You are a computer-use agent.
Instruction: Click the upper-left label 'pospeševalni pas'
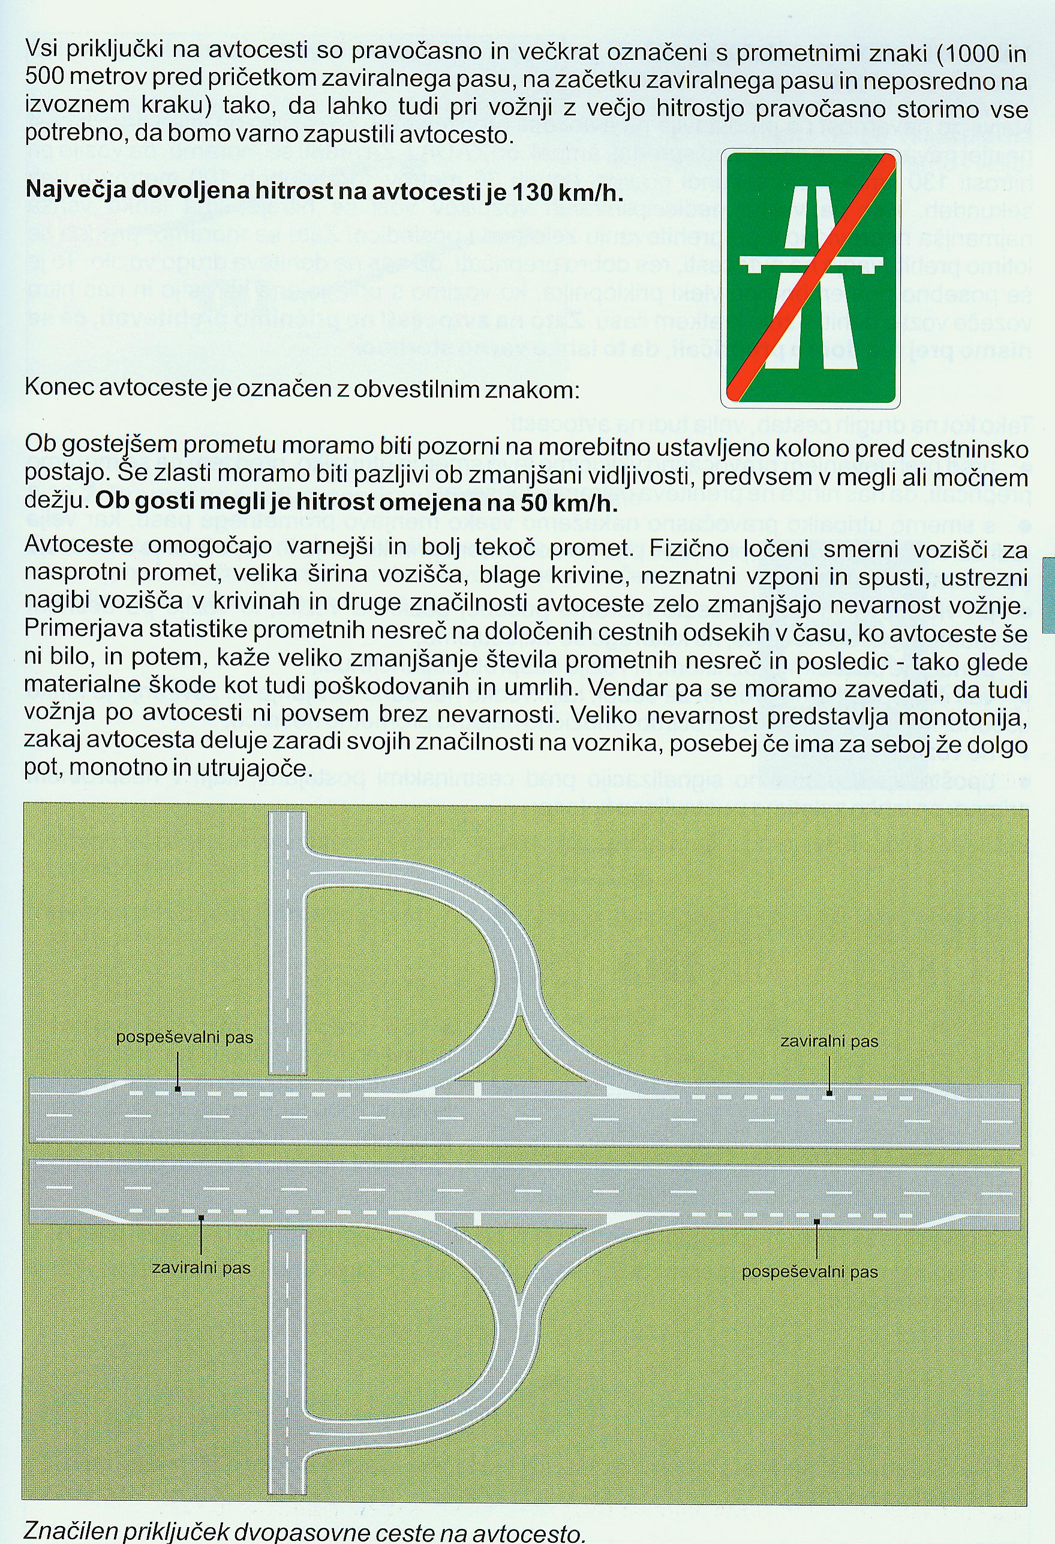(x=184, y=1037)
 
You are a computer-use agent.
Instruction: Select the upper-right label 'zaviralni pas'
(x=829, y=1041)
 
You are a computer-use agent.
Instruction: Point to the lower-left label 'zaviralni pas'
(x=202, y=1268)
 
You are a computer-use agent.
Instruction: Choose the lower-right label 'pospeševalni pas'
(x=810, y=1272)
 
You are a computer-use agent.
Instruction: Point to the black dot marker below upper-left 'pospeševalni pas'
(x=178, y=1088)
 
